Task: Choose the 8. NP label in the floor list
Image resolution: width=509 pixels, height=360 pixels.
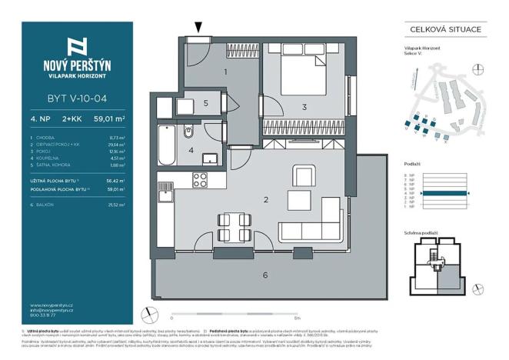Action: pos(411,175)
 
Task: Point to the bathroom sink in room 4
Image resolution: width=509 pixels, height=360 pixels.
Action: pos(208,159)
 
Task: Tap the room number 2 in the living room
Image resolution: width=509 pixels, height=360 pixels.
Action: pos(265,200)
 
